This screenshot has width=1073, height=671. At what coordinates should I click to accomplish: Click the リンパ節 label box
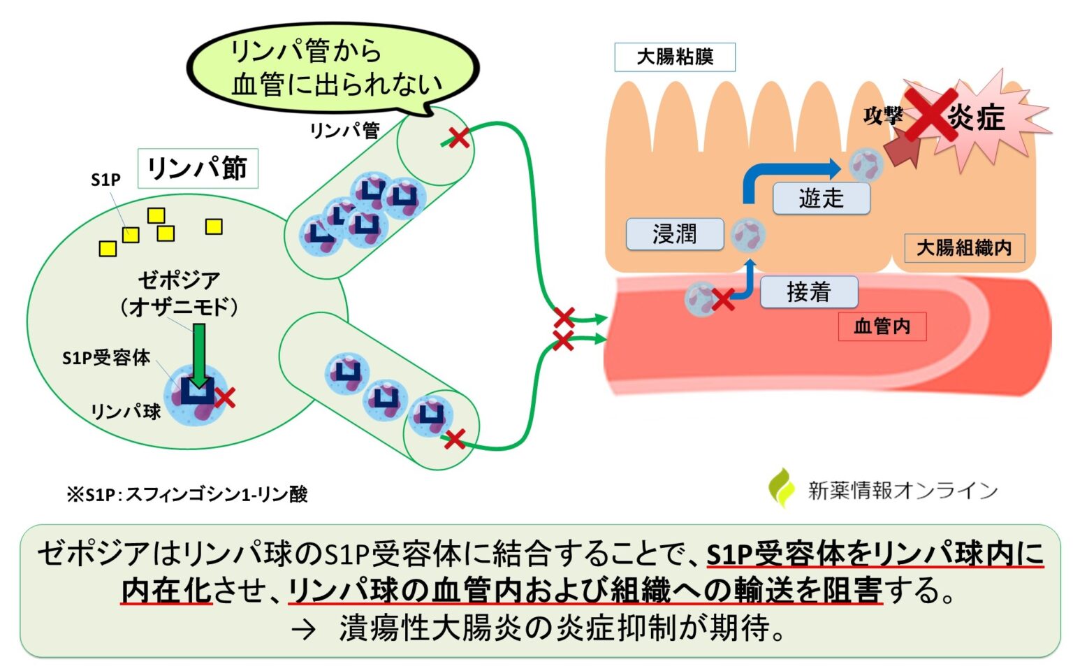tap(198, 168)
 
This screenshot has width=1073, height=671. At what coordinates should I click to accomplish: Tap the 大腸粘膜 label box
tap(674, 57)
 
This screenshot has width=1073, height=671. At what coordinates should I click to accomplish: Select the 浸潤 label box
tap(674, 233)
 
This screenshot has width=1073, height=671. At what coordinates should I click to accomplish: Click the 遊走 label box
tap(821, 199)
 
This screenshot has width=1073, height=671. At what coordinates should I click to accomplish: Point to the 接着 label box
tap(808, 291)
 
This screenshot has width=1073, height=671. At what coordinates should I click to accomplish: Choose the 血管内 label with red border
tap(882, 326)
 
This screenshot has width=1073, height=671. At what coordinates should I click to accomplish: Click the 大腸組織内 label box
tap(964, 247)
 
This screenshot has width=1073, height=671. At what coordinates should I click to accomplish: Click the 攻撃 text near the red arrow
tap(882, 115)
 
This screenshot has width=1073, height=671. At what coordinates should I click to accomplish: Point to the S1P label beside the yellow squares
tap(105, 180)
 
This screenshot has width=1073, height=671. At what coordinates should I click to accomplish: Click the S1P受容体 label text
tap(106, 358)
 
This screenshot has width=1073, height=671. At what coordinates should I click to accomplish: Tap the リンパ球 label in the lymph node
tap(126, 411)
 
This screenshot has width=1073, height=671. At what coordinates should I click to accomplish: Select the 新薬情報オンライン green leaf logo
tap(782, 488)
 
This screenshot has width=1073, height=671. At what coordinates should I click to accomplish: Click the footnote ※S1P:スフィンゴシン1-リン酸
tap(187, 494)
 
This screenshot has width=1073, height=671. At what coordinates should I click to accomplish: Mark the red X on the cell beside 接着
tap(722, 300)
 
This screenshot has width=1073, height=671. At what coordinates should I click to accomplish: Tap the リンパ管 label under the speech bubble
tap(344, 130)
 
